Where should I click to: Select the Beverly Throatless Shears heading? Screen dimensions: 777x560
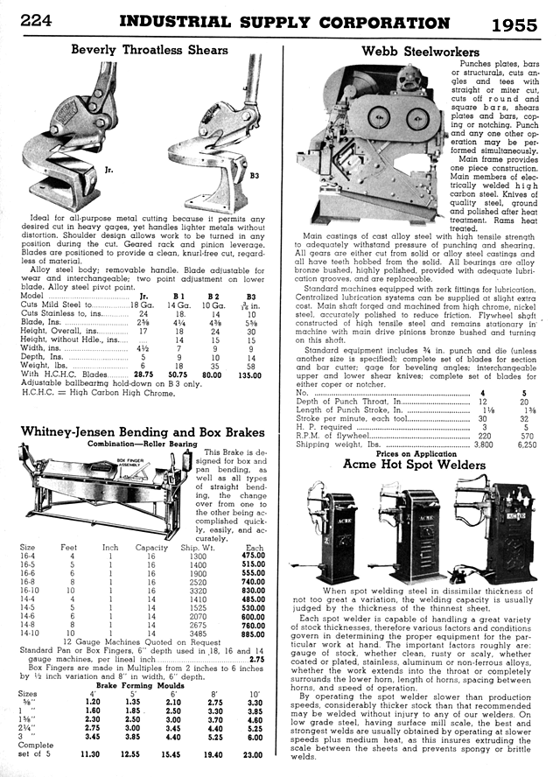[149, 49]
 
